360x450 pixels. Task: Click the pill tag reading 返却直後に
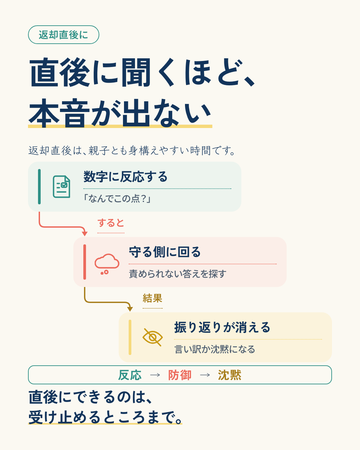(x=64, y=35)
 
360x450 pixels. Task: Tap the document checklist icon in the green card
(x=61, y=187)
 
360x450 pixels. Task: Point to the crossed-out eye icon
(x=152, y=337)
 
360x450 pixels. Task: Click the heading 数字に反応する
(x=126, y=177)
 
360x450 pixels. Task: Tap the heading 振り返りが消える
(x=222, y=327)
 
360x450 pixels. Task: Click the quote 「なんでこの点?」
(x=117, y=199)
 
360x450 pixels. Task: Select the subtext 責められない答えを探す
(x=178, y=274)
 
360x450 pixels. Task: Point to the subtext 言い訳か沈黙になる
(x=215, y=349)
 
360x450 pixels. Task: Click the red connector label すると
(x=111, y=223)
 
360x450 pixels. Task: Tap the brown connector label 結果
(x=152, y=298)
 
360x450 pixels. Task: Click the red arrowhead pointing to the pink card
(x=85, y=234)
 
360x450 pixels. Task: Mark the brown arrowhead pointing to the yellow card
(x=130, y=309)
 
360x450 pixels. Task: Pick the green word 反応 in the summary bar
(x=130, y=375)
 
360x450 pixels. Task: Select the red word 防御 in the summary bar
(x=180, y=375)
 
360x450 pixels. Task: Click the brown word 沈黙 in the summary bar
(x=230, y=375)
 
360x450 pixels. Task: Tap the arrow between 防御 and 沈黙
(x=205, y=375)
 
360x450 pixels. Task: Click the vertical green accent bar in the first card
(x=39, y=187)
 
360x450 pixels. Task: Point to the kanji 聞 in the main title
(x=136, y=73)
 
